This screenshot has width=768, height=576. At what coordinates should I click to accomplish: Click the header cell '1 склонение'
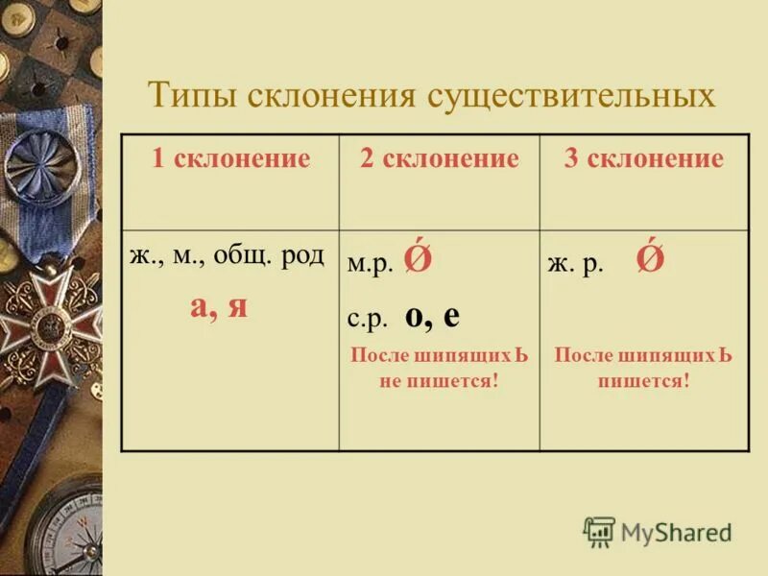[x=230, y=158]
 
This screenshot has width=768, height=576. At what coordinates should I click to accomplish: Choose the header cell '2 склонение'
[x=439, y=158]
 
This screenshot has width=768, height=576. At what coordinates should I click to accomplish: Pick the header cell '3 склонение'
[x=643, y=158]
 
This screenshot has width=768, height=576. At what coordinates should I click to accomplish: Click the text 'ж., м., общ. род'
[x=228, y=256]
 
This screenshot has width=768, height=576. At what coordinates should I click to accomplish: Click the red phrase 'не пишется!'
[x=440, y=377]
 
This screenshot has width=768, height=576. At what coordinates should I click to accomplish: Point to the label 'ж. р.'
[x=576, y=266]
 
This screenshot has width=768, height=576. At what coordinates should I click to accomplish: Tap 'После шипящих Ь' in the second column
[x=440, y=354]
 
